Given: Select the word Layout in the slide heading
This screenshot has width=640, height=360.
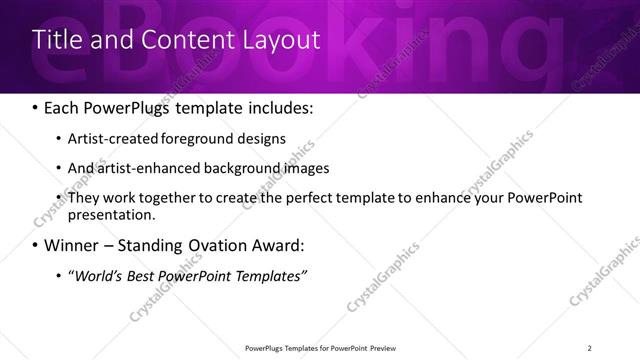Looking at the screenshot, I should [283, 40].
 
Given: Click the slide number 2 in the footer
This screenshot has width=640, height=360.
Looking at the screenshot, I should [589, 348].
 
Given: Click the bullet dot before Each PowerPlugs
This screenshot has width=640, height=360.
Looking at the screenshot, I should [36, 108].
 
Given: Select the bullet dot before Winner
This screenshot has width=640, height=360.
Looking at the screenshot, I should [36, 245].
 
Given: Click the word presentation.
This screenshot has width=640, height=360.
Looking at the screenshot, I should [111, 214].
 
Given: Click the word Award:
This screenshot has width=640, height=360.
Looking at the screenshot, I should [284, 245].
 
